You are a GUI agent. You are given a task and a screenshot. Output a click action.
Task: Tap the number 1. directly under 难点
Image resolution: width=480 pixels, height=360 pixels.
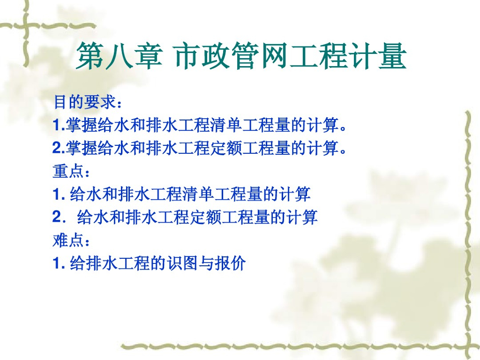58,264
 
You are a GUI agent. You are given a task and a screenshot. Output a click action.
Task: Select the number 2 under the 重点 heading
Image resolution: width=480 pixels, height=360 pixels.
57,217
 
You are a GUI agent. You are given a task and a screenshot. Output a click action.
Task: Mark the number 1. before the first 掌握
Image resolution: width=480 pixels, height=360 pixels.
58,126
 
